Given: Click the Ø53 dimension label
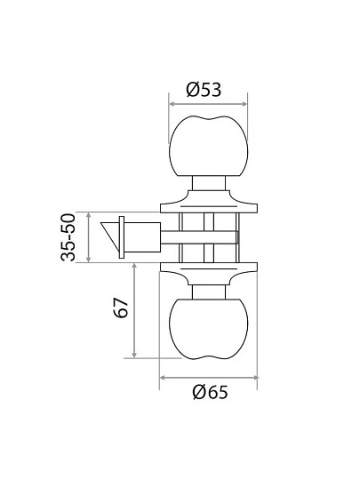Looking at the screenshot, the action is point(204,90).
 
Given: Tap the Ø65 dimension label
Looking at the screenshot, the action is point(211,392).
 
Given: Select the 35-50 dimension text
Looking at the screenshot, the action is point(68,237).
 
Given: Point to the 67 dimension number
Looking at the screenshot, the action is point(121,308).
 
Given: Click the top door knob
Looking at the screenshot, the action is point(209,146).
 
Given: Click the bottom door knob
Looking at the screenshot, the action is point(209,329).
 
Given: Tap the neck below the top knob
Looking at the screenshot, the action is point(209,183).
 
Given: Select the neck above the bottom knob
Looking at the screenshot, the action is point(209,292).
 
